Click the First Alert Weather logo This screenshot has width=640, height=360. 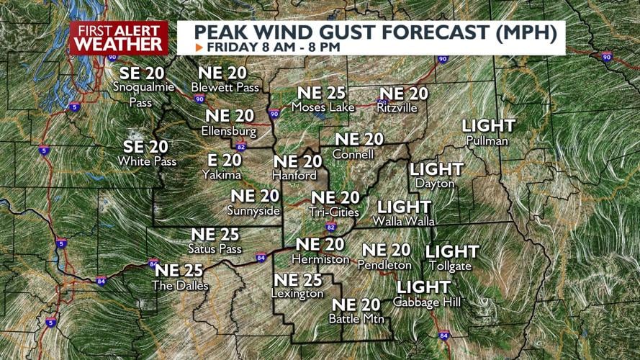(x=119, y=37)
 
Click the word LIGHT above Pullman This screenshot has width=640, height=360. (x=488, y=126)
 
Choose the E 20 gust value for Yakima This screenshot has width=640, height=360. (x=222, y=161)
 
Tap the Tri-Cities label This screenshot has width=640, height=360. (x=334, y=212)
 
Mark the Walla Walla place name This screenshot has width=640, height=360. (x=403, y=220)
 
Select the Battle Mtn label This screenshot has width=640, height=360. (x=356, y=318)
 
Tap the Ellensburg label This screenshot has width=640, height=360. (x=229, y=132)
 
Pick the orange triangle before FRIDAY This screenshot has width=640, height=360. (x=199, y=47)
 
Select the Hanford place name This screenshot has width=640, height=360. (x=294, y=176)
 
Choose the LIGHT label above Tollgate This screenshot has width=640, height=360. (x=452, y=251)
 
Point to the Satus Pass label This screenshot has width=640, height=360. (x=215, y=249)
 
